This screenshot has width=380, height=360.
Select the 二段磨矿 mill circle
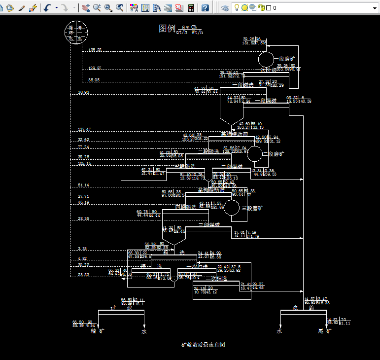254,153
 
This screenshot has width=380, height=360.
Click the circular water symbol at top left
75,33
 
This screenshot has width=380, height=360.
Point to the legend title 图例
167,29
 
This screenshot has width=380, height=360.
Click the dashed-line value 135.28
95,50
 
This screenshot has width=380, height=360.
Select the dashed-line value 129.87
95,68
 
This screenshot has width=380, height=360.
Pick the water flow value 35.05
94,80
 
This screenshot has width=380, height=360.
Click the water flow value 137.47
84,130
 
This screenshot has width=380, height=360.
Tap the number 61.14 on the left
83,185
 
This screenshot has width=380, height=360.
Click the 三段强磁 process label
209,225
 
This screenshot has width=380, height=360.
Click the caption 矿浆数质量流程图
203,345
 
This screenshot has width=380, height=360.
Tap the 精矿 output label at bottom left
98,331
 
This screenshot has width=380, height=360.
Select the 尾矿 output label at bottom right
326,331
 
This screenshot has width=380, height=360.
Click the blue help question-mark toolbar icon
205,8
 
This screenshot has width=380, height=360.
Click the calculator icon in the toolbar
191,8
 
